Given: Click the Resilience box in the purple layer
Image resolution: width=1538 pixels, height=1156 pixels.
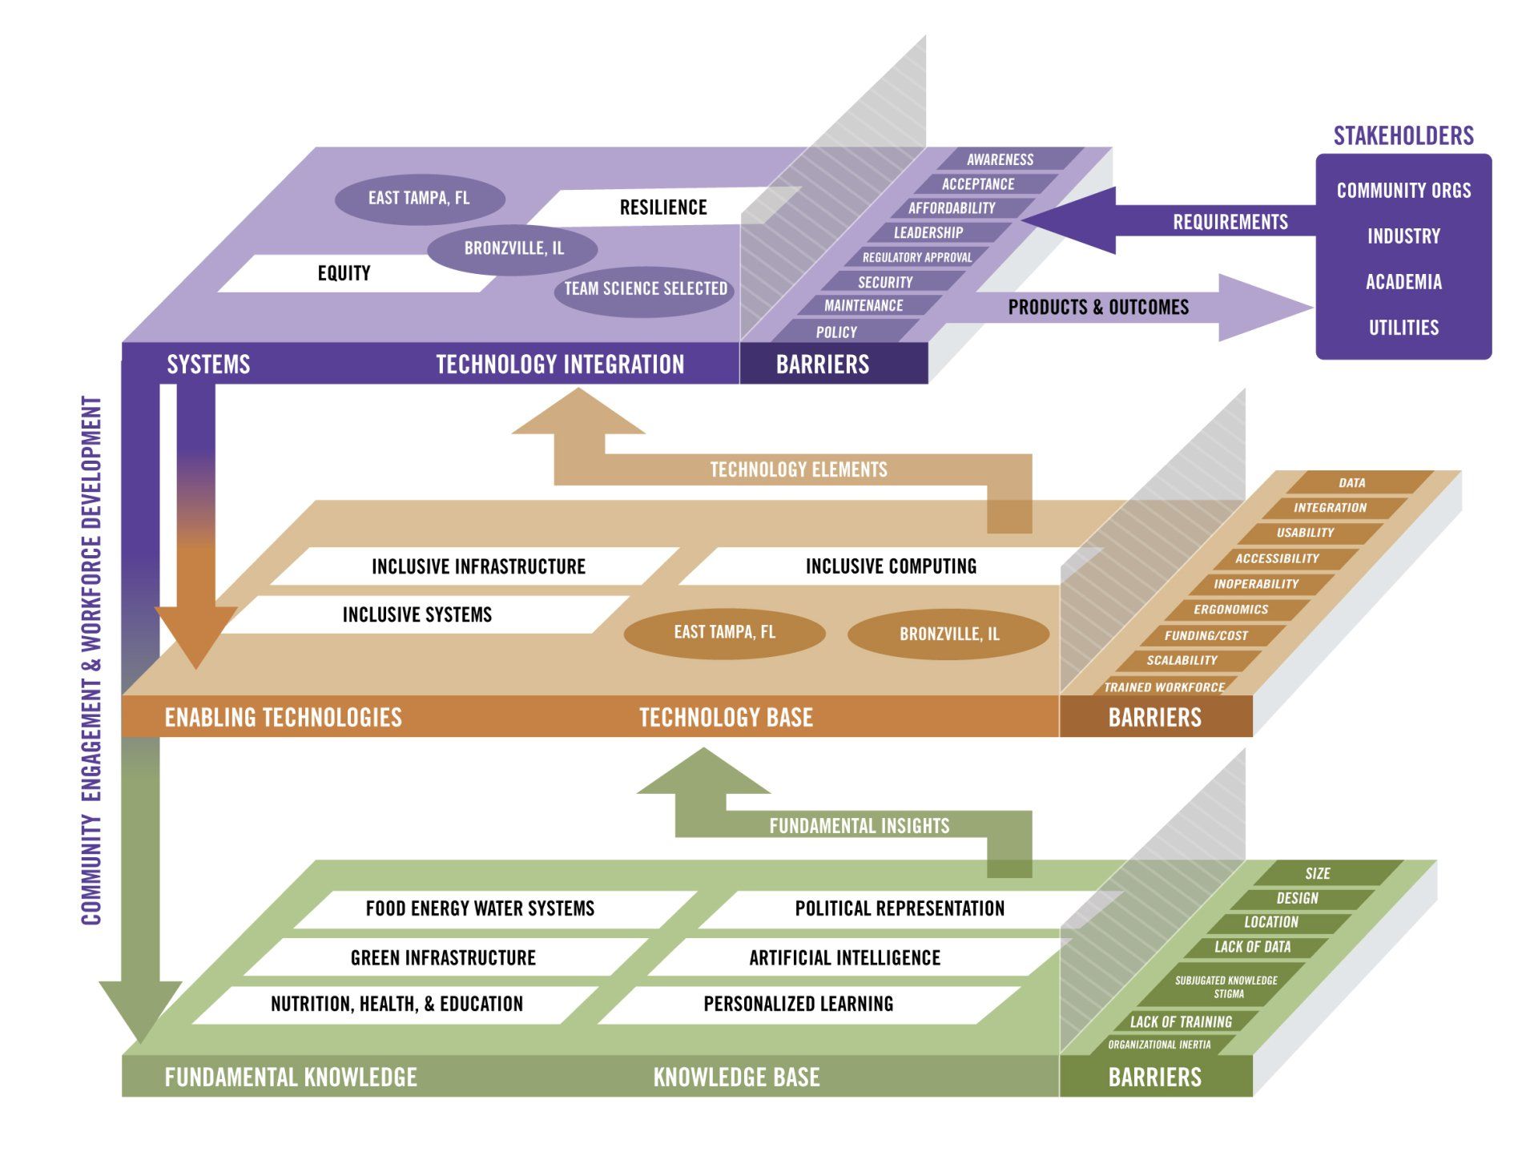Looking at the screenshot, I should (663, 207).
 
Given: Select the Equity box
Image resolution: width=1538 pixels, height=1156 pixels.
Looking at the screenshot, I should (344, 273).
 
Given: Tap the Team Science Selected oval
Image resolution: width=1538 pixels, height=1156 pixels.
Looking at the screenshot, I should (646, 288).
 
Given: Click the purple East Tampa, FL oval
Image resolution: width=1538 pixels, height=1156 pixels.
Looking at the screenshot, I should (419, 198).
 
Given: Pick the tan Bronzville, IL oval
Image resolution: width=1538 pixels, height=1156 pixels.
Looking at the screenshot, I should (949, 634).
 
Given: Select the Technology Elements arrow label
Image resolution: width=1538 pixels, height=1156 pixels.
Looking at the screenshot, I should (799, 469).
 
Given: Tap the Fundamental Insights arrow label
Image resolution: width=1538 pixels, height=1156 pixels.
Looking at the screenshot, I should (859, 826).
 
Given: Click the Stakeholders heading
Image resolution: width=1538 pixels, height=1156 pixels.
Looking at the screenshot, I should (1403, 136).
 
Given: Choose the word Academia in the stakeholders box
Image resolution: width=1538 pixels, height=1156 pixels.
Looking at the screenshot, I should (1403, 282).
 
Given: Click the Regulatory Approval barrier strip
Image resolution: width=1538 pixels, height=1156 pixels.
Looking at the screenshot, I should (917, 257).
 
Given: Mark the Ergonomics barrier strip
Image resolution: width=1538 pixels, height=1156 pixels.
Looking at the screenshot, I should (1231, 610).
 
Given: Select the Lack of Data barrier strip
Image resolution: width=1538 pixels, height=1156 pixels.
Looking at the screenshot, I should (1253, 947).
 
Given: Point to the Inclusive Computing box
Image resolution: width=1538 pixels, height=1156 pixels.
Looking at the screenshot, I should (891, 566).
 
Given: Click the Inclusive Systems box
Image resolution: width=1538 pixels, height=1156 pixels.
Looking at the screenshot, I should (417, 614).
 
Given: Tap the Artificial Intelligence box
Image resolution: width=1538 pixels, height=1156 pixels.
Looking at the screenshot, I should (844, 957).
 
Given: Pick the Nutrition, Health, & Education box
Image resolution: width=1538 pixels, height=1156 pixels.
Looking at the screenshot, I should (397, 1004).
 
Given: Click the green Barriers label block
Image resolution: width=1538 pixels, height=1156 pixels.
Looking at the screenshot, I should (1154, 1077).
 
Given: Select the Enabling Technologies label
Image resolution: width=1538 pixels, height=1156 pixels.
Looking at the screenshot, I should (284, 717).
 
